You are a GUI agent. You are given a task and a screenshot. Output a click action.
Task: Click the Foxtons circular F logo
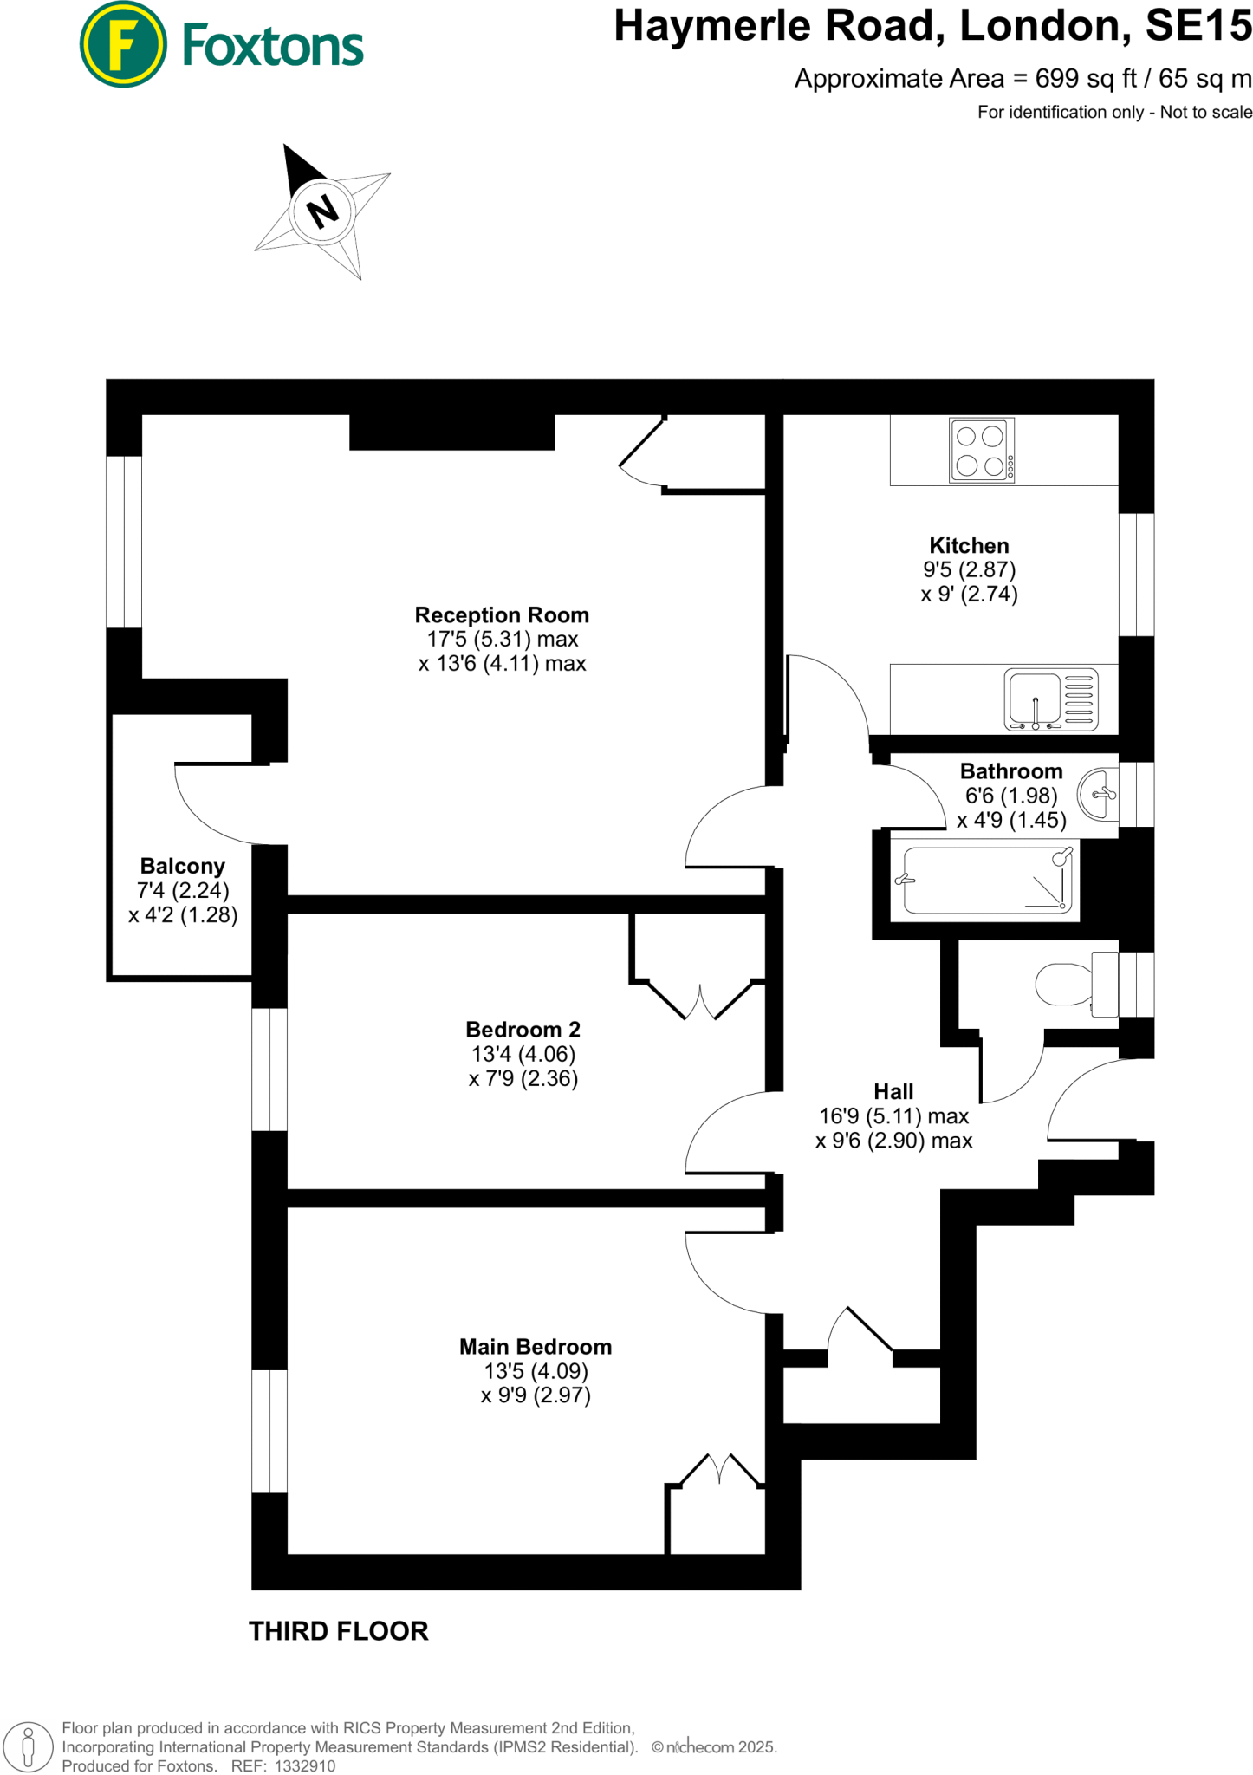click(x=122, y=44)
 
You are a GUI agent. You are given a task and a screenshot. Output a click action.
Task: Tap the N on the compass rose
click(x=322, y=211)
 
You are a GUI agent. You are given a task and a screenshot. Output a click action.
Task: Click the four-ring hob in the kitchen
click(x=981, y=450)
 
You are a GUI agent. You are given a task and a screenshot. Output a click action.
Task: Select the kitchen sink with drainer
click(x=1051, y=699)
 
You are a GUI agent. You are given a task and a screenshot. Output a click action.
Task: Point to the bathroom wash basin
click(x=1098, y=793)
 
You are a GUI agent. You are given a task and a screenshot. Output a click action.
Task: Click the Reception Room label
click(x=502, y=615)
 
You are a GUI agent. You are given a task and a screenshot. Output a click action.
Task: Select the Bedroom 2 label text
click(x=523, y=1030)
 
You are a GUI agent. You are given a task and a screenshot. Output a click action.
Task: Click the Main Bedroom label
click(x=535, y=1347)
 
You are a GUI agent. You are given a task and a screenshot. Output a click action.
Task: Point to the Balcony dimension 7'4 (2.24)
click(x=183, y=891)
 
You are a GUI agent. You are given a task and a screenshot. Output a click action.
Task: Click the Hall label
click(x=893, y=1092)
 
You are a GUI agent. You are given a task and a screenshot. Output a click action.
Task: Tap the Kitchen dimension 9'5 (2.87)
click(x=969, y=570)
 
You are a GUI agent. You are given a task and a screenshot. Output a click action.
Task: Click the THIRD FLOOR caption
click(x=339, y=1632)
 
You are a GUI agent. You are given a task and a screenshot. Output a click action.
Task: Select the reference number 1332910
click(x=305, y=1766)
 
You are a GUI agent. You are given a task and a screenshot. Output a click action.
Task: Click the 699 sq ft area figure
click(x=1086, y=79)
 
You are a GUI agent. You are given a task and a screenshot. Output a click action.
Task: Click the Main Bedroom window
click(x=269, y=1431)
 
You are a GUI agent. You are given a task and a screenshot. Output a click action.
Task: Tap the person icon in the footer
click(x=29, y=1746)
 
